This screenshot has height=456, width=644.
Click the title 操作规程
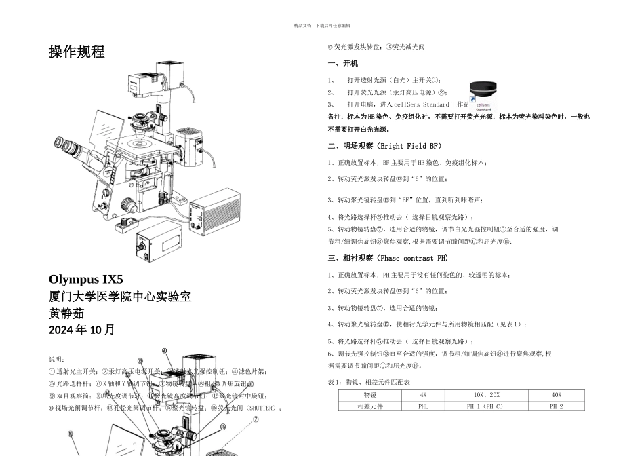click(x=77, y=52)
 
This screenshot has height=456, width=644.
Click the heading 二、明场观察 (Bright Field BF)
click(x=384, y=146)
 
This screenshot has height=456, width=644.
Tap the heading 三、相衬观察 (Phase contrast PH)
click(x=388, y=259)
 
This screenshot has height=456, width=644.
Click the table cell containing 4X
click(x=423, y=394)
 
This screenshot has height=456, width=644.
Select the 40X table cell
click(x=556, y=394)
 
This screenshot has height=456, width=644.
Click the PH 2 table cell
click(x=556, y=406)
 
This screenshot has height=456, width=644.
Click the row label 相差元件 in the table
click(x=370, y=406)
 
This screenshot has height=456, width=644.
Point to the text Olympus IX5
click(x=86, y=280)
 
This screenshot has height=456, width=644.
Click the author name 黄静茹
click(x=66, y=313)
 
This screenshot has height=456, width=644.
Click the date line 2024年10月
click(x=82, y=330)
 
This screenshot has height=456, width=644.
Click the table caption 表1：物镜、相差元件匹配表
click(x=369, y=382)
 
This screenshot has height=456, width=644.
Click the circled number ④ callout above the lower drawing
click(x=165, y=351)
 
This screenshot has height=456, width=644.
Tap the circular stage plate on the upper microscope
click(x=144, y=144)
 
